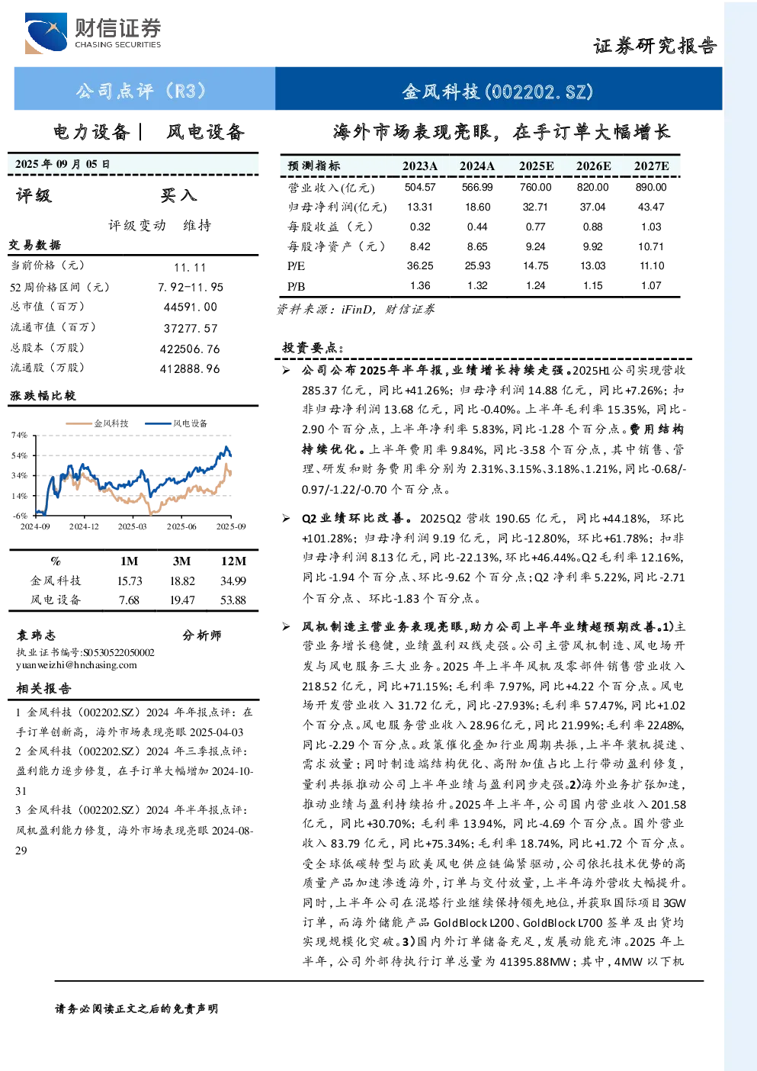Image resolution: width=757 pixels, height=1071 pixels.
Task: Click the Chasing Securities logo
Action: tap(93, 33)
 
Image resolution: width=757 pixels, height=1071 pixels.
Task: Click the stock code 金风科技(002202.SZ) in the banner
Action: tap(498, 91)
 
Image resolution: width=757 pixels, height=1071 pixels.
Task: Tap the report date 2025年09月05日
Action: tap(63, 164)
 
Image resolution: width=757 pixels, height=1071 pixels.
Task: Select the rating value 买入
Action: tap(178, 195)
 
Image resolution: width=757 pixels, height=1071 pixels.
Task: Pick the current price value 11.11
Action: tap(191, 267)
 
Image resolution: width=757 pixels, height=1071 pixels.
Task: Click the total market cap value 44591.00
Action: tap(191, 307)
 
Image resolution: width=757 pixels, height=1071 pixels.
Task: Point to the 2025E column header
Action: tap(536, 166)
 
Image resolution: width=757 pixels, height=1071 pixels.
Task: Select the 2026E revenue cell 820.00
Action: tap(592, 187)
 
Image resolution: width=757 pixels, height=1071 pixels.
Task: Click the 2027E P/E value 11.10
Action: tap(652, 265)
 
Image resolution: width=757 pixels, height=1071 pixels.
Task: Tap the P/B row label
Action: tap(296, 286)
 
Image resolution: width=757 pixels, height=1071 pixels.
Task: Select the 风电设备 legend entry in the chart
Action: tap(176, 423)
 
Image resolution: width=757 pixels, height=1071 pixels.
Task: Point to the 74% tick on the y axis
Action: tap(19, 435)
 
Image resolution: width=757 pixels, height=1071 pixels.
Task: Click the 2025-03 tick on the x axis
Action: tap(133, 526)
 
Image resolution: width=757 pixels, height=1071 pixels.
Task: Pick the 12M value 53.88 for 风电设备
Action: tap(233, 600)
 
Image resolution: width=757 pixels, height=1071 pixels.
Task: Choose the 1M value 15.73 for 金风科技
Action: tap(130, 581)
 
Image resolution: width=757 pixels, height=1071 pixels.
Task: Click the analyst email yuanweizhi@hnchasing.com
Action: tap(76, 665)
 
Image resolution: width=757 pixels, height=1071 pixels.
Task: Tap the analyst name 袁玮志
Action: tap(37, 635)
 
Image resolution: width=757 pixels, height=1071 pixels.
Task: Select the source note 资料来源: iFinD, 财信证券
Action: tap(355, 310)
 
